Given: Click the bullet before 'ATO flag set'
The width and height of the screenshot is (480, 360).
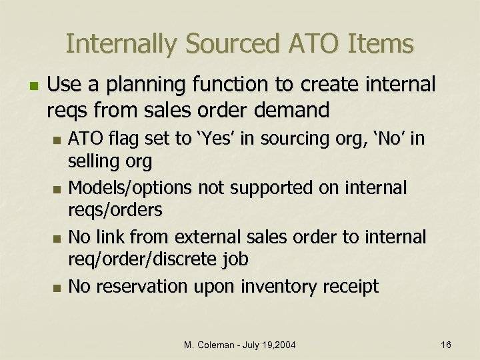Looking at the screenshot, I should point(56,141).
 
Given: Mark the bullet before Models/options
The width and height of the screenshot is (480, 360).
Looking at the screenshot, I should point(56,189).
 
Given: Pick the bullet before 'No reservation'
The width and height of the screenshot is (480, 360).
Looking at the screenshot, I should point(56,288).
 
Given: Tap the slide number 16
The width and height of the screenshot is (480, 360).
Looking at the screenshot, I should point(446,344).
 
